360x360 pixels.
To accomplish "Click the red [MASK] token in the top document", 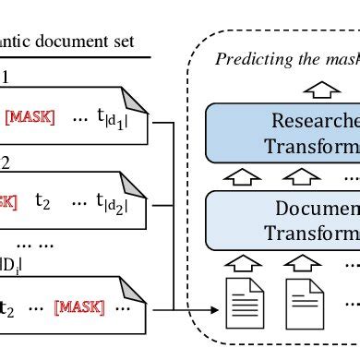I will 30,117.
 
